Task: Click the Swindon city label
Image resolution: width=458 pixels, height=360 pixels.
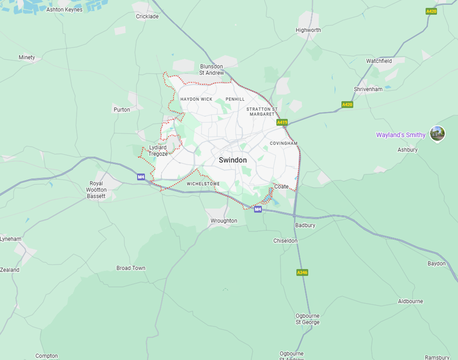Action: coord(233,160)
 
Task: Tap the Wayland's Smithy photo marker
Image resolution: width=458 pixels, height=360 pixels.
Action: coord(437,134)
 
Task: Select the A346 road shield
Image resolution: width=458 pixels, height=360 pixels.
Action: coord(302,272)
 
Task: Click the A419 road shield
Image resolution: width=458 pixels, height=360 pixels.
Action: coord(282,122)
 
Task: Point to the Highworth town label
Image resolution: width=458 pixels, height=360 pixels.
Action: coord(308,30)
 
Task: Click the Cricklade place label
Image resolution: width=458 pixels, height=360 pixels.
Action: coord(147,17)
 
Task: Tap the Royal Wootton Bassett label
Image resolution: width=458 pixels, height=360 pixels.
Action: coord(96,190)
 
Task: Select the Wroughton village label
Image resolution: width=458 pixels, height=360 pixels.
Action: coord(224,221)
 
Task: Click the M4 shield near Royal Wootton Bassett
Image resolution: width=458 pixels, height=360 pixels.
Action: coord(141,177)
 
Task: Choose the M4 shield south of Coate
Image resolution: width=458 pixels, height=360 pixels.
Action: coord(258,209)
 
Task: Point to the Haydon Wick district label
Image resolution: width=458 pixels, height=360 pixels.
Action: coord(196,99)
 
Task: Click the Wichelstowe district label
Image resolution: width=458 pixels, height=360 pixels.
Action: coord(203,184)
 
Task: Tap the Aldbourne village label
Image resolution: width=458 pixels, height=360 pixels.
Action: coord(410,301)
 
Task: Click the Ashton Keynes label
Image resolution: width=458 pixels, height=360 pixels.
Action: coord(64,10)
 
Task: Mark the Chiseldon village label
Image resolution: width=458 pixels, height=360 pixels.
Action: coord(285,241)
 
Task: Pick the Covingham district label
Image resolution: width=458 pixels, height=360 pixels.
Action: coord(284,144)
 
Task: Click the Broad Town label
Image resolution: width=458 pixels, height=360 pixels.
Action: coord(131,268)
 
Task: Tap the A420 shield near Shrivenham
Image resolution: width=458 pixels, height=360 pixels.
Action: coord(347,104)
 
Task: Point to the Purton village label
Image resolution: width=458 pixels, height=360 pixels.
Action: coord(122,110)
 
